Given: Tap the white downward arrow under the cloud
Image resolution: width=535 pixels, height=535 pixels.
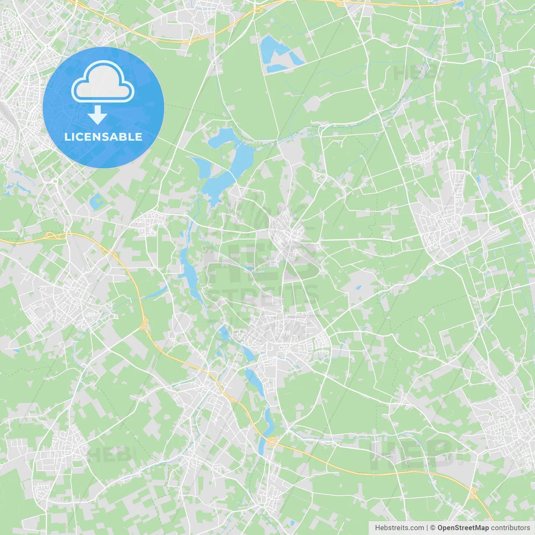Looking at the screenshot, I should point(97,115).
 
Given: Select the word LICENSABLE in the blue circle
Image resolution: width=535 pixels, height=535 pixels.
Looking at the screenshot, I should point(103,137).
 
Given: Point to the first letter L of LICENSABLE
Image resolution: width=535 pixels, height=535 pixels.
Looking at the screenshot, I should point(67,137).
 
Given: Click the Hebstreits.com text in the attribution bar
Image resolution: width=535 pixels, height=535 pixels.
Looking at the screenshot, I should point(399,528).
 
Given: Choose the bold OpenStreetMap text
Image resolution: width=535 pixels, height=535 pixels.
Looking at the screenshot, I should point(463,528).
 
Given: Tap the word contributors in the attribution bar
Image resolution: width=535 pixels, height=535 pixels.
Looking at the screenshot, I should point(510,528).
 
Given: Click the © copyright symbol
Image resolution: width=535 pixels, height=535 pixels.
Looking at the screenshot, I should point(433,528).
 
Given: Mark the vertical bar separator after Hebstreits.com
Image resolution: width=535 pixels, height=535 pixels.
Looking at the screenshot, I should point(427,528).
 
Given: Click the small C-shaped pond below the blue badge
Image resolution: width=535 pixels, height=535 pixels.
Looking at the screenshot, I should point(96,201).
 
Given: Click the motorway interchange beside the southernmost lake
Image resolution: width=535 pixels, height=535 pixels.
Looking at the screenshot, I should point(272,441).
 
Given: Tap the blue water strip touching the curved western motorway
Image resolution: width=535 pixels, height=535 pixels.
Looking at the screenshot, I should point(155,292).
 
